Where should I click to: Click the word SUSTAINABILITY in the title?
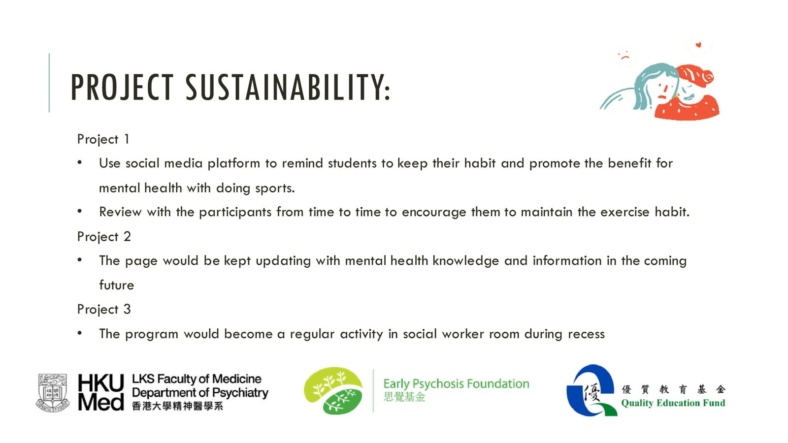[288, 87]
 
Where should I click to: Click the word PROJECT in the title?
[122, 87]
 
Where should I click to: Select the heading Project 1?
[103, 140]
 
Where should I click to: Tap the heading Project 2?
[104, 237]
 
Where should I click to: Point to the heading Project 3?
[104, 310]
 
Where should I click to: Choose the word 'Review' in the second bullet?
[120, 212]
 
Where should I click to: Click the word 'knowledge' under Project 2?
[465, 261]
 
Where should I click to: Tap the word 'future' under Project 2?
[116, 285]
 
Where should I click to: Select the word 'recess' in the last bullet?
[586, 334]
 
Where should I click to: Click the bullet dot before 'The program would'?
[80, 333]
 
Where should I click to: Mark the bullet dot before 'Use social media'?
[80, 162]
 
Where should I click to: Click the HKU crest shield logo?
[53, 393]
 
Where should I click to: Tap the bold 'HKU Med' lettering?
[101, 392]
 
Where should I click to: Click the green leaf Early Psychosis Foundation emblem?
[333, 391]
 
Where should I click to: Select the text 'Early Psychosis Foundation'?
[456, 383]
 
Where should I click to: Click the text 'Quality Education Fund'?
[673, 403]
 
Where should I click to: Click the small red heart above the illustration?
[698, 45]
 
